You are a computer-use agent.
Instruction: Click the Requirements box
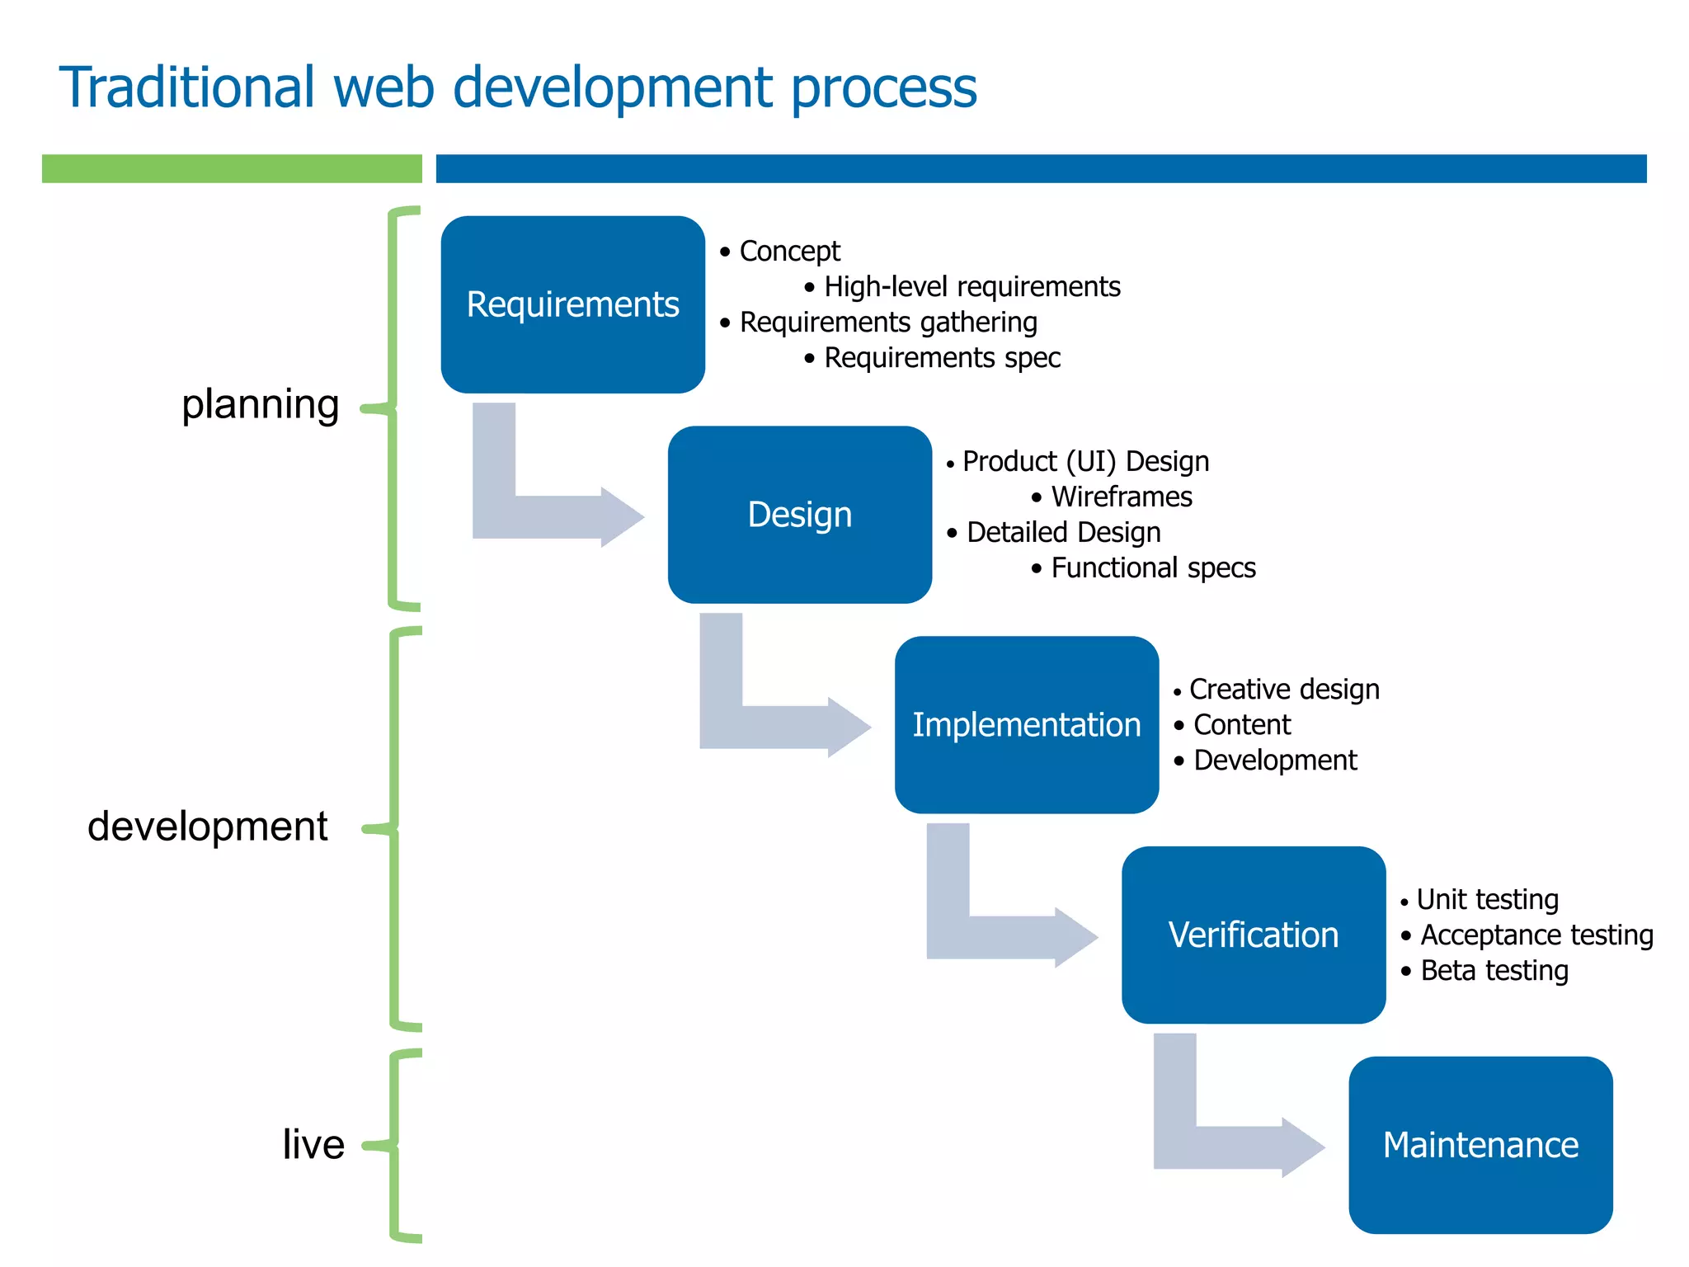click(572, 304)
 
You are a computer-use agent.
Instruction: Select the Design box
click(799, 515)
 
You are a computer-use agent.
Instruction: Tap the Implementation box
click(1026, 725)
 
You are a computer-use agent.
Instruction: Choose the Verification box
click(1253, 935)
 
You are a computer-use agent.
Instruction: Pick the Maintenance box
click(1480, 1145)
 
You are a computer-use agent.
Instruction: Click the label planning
click(260, 405)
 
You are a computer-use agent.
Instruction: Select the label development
click(208, 827)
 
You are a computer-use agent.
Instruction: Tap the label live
click(313, 1145)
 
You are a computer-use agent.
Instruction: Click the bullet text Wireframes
click(1121, 497)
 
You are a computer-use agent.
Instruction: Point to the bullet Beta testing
click(1494, 971)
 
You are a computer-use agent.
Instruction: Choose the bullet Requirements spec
click(942, 358)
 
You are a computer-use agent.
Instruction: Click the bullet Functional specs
click(1152, 568)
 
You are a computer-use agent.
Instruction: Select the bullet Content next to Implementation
click(1241, 725)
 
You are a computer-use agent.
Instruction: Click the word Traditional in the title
click(187, 87)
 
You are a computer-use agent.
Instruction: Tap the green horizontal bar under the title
click(232, 168)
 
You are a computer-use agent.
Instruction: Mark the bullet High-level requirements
click(972, 287)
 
